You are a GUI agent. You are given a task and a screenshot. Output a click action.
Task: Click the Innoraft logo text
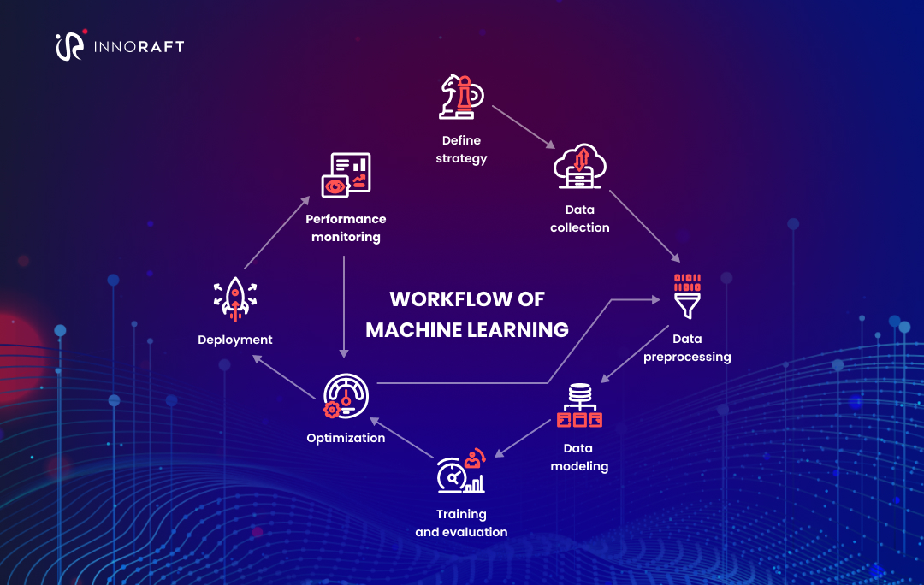138,46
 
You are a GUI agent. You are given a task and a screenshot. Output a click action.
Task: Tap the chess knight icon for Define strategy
461,97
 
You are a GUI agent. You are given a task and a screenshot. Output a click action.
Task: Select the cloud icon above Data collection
579,166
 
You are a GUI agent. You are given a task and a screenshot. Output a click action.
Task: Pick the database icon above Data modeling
579,405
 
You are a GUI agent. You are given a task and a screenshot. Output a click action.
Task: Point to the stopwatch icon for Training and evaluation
460,472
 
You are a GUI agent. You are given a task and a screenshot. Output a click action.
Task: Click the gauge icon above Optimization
345,397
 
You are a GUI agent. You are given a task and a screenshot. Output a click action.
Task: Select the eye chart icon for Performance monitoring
346,175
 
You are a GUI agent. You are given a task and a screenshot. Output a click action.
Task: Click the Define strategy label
461,149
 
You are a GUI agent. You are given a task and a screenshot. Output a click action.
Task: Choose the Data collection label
579,218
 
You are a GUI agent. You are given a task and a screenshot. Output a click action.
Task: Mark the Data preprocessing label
687,348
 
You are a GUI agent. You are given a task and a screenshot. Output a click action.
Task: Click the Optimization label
346,438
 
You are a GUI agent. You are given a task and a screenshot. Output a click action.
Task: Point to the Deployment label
234,340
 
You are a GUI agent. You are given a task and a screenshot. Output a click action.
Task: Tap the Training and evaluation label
461,523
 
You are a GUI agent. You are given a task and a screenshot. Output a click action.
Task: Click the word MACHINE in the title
417,329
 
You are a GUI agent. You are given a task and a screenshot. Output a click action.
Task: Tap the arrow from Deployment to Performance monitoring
275,233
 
